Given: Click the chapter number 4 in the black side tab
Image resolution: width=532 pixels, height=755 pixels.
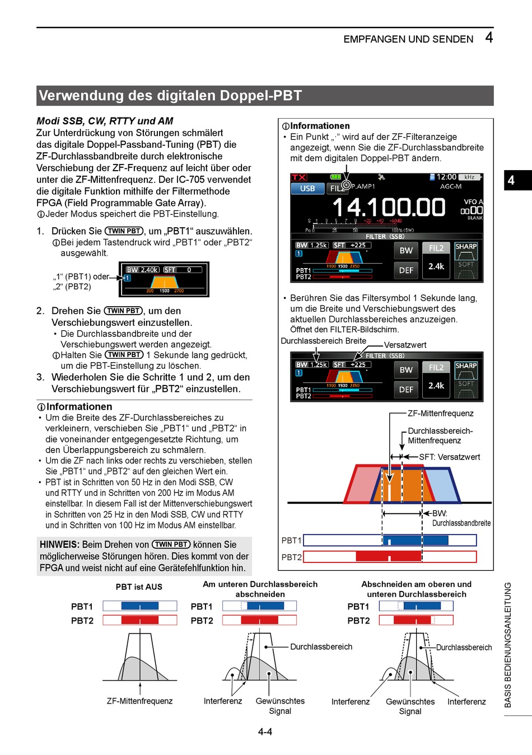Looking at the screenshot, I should pyautogui.click(x=511, y=180).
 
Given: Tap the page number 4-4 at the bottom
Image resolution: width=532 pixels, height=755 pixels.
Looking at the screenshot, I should pyautogui.click(x=265, y=731).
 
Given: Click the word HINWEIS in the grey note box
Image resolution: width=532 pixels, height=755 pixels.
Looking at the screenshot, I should pyautogui.click(x=59, y=545).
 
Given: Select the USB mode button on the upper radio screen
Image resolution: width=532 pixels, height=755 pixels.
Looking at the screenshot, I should pyautogui.click(x=307, y=189).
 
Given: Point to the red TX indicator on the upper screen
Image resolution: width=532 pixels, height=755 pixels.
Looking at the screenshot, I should pyautogui.click(x=299, y=177).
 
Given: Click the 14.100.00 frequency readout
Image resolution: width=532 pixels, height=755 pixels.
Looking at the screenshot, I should pyautogui.click(x=389, y=208).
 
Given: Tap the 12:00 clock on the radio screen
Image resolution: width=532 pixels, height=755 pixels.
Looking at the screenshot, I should pyautogui.click(x=446, y=177).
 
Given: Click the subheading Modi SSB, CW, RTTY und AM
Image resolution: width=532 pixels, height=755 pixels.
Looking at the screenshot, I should pyautogui.click(x=105, y=121).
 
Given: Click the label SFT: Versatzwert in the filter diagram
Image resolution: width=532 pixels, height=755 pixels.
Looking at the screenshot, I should pyautogui.click(x=449, y=457).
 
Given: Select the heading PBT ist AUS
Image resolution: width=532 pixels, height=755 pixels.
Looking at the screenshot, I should pyautogui.click(x=139, y=587).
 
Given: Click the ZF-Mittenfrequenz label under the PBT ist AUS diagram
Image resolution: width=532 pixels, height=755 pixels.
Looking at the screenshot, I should pyautogui.click(x=139, y=701).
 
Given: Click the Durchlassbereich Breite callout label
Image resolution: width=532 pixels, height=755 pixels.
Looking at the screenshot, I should pyautogui.click(x=323, y=341).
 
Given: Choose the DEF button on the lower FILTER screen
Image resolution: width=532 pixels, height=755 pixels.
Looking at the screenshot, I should pyautogui.click(x=406, y=390).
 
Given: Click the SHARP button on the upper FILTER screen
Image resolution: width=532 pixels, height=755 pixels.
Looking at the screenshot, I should pyautogui.click(x=466, y=246).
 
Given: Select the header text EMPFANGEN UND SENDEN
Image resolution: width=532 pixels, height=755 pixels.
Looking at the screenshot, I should pyautogui.click(x=408, y=39).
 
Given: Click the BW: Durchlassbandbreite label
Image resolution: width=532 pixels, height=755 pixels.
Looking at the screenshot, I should pyautogui.click(x=461, y=518).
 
